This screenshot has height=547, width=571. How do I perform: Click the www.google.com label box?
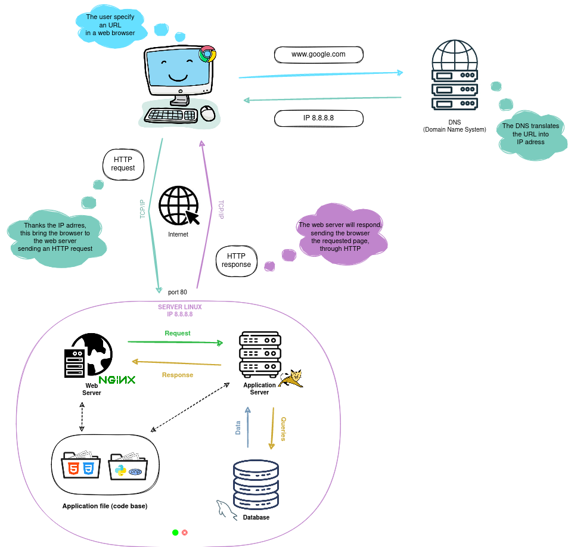[x=318, y=54]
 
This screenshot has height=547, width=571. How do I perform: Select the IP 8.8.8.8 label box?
[x=318, y=118]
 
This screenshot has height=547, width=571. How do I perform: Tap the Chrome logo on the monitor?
[x=207, y=54]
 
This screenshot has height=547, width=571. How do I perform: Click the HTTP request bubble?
[x=123, y=164]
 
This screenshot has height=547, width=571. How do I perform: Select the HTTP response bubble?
[x=236, y=260]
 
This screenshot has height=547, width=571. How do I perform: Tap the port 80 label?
[x=177, y=293]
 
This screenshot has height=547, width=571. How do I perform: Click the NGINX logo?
[x=117, y=380]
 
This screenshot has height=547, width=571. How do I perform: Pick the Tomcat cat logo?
[x=291, y=378]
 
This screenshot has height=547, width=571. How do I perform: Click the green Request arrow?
[x=175, y=343]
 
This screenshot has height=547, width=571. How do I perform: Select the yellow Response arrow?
[x=176, y=363]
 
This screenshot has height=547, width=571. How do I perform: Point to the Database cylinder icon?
[x=256, y=483]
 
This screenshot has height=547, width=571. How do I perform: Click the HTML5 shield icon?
[x=73, y=468]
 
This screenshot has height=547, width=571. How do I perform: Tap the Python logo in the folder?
[x=121, y=470]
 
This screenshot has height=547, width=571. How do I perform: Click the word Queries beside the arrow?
[x=283, y=428]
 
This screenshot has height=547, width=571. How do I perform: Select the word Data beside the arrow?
[x=238, y=427]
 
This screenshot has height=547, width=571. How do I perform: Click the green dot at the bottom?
[x=175, y=532]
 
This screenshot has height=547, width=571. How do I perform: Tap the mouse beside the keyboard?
[x=207, y=113]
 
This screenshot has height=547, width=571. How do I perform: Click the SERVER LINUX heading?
[x=179, y=307]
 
